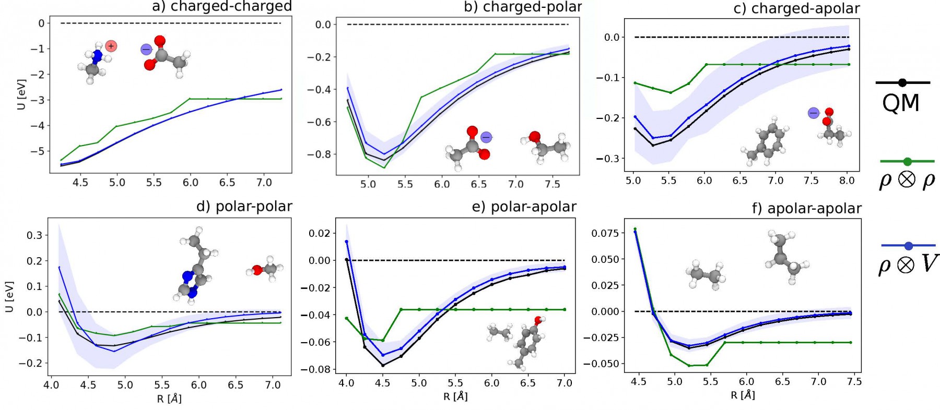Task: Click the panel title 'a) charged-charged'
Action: (x=221, y=6)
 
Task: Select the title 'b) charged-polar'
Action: (x=523, y=7)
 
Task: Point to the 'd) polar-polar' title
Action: (x=244, y=207)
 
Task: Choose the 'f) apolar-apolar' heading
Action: (x=806, y=209)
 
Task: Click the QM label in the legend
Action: (x=900, y=103)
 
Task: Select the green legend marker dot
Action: (x=907, y=161)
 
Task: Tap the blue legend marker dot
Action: (x=908, y=245)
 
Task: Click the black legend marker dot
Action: (x=902, y=82)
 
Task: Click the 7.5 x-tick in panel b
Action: (x=553, y=184)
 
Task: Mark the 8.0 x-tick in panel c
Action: (x=847, y=180)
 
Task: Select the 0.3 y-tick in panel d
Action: (x=34, y=235)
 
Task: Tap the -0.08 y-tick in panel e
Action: (x=319, y=369)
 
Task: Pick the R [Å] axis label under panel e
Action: (x=455, y=396)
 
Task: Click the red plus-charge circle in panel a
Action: (x=111, y=46)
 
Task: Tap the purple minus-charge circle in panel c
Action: (x=813, y=113)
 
